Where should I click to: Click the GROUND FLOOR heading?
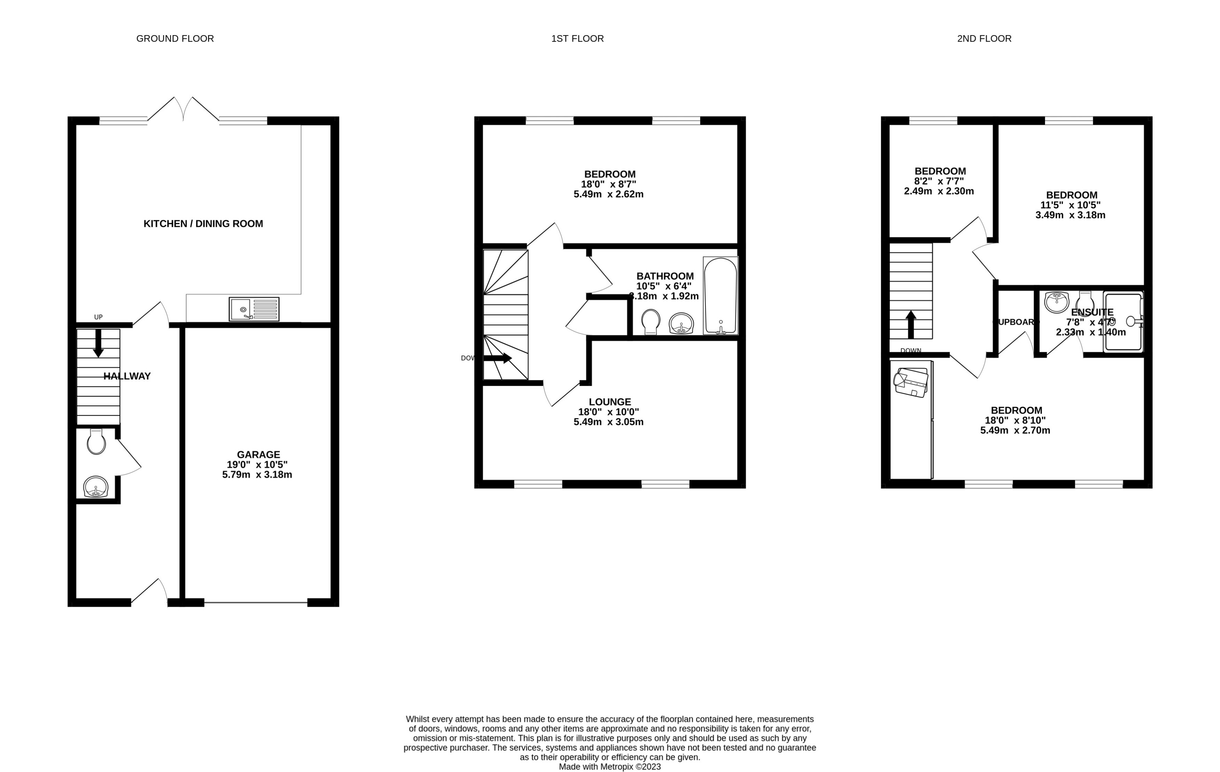(x=175, y=38)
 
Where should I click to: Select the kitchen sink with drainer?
(x=254, y=309)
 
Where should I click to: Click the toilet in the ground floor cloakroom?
(x=96, y=442)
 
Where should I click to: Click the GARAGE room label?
(x=258, y=454)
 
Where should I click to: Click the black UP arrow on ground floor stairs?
(x=98, y=343)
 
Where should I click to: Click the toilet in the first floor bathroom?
(x=650, y=322)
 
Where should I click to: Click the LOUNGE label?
(x=610, y=402)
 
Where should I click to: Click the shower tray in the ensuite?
(x=1123, y=322)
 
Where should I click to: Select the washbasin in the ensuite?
(x=1057, y=303)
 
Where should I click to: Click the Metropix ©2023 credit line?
(x=610, y=766)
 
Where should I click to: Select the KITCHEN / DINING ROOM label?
(x=203, y=223)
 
